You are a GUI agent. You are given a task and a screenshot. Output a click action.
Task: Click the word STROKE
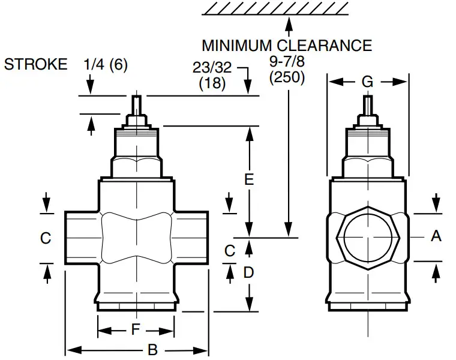coord(36,65)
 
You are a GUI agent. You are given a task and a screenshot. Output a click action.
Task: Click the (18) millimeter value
coord(212,83)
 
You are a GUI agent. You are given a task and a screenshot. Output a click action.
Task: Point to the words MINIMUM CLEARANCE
coord(287,46)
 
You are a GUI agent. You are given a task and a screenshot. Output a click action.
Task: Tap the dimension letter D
coord(248,272)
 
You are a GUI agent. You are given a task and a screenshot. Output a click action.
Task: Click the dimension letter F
coord(136,329)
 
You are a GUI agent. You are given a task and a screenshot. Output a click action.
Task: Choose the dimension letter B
coord(152,350)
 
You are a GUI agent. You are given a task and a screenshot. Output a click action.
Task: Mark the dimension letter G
coord(367,82)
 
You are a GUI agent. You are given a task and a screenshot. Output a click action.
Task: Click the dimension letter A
coord(436,236)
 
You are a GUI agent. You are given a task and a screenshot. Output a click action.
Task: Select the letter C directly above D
coord(230,251)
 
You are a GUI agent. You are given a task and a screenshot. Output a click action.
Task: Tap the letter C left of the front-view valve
coord(46,238)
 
